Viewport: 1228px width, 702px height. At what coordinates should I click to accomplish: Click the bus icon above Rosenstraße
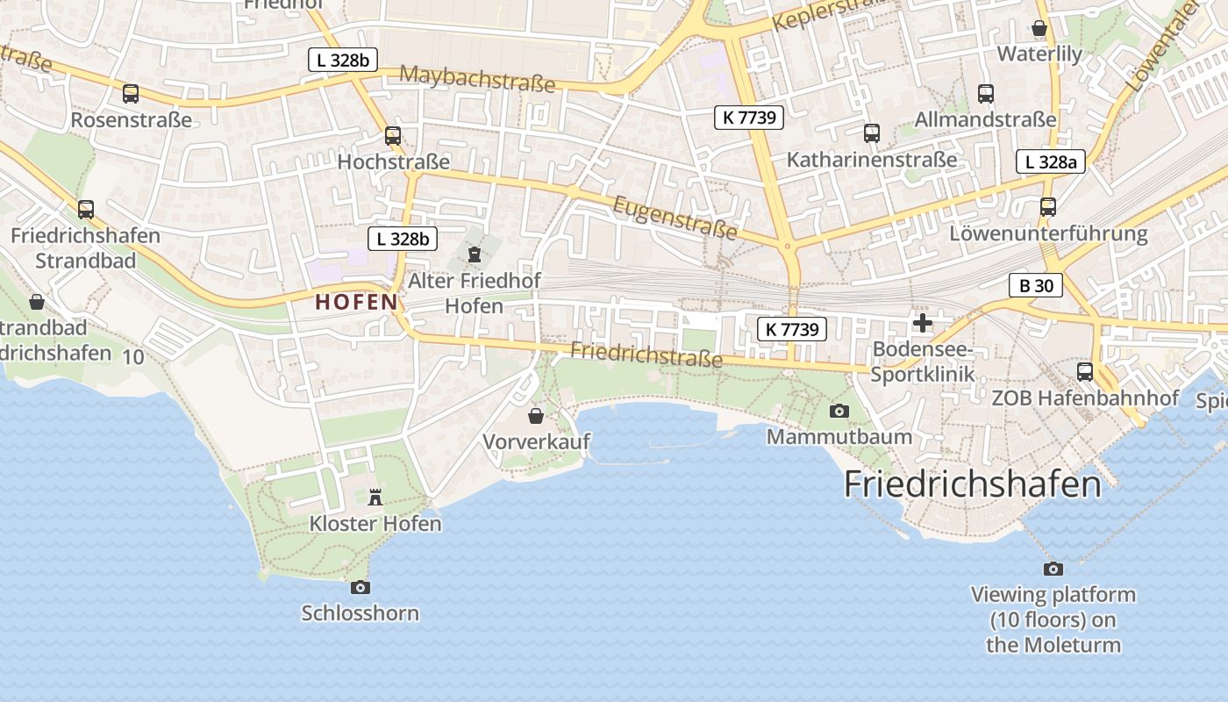131,94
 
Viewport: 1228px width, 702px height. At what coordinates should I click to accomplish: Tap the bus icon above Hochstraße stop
393,136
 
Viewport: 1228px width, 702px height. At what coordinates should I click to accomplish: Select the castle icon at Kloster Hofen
375,498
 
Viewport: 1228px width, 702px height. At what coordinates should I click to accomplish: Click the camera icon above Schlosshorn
360,587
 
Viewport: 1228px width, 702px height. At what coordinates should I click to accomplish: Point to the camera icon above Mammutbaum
839,411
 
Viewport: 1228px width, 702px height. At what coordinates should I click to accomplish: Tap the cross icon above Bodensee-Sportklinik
923,323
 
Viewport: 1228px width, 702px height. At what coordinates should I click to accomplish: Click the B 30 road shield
1036,285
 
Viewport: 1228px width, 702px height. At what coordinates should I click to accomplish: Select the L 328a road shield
1051,161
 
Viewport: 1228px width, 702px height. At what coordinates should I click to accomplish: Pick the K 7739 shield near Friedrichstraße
792,329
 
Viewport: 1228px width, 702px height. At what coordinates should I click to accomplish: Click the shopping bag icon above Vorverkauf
536,416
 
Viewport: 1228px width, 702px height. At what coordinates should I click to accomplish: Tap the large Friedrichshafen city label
972,484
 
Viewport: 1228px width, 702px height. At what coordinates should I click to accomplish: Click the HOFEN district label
356,303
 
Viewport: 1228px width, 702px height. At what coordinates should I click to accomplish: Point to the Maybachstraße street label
477,79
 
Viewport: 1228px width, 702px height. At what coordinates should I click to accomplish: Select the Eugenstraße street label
675,218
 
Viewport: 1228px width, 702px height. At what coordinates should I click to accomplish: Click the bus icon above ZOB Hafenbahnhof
1085,372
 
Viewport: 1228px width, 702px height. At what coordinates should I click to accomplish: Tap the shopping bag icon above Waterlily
1039,28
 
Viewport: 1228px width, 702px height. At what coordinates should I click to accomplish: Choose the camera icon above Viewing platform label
1053,569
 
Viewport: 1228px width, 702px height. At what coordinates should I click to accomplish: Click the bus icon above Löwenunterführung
1048,207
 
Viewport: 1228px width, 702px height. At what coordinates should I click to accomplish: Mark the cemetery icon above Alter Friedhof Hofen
475,254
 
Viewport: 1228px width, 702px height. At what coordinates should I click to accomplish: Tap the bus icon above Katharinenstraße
871,133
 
